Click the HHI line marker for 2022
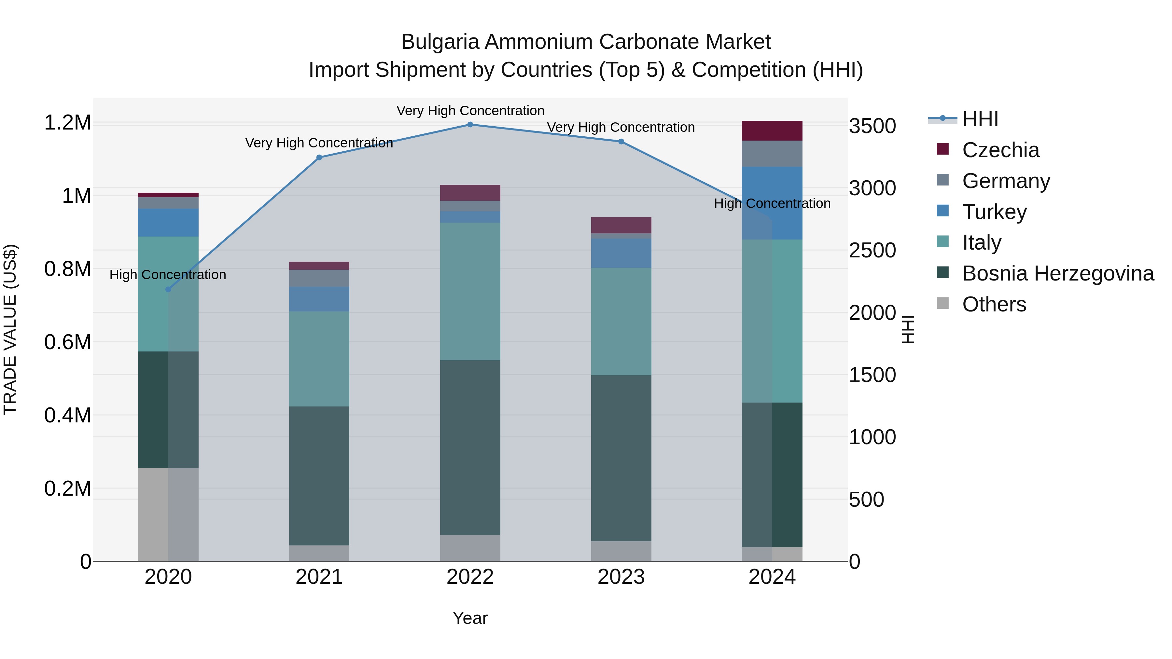(470, 124)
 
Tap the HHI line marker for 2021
(319, 158)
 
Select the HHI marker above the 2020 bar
(168, 289)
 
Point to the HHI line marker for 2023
(621, 142)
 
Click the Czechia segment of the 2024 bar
(772, 130)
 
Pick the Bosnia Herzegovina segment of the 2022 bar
(470, 447)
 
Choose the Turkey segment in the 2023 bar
(621, 253)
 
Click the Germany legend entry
(1006, 181)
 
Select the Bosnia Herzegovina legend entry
(1057, 273)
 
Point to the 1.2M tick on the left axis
(67, 123)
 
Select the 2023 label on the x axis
(621, 577)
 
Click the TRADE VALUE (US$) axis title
(10, 329)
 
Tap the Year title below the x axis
(470, 618)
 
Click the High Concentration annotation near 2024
(772, 203)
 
